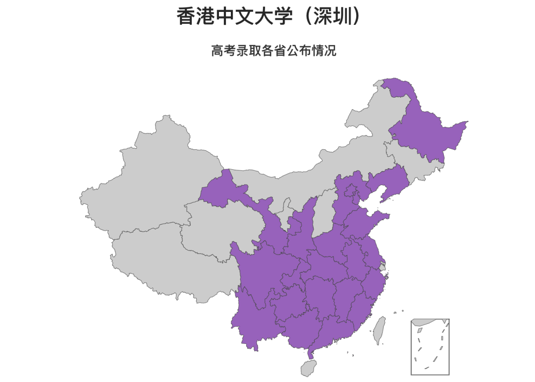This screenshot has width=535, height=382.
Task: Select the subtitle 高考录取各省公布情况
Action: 273,51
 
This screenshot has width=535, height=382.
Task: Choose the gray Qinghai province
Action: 218,228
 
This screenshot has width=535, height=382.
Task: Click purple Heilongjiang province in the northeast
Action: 426,129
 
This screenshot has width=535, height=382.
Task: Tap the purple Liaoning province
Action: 389,181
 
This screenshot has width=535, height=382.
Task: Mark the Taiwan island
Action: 379,330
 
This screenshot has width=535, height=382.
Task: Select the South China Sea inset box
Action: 430,347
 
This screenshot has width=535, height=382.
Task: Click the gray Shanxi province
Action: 324,213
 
